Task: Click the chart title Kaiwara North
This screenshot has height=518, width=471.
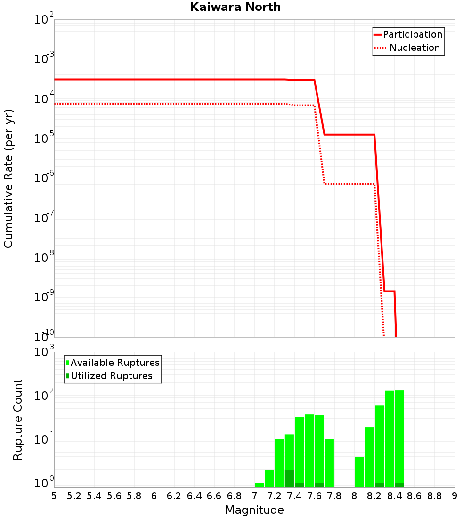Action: tap(235, 8)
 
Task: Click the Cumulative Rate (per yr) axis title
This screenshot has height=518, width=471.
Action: tap(8, 178)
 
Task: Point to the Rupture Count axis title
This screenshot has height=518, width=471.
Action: tap(17, 420)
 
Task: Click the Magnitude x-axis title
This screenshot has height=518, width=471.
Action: tap(254, 510)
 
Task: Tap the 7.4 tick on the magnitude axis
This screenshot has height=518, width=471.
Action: tap(294, 496)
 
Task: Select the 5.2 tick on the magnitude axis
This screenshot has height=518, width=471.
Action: tap(74, 496)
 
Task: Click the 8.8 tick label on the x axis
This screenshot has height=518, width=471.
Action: tap(434, 496)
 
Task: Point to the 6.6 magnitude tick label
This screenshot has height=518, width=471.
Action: tap(214, 496)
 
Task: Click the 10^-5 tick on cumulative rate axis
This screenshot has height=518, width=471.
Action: tap(44, 138)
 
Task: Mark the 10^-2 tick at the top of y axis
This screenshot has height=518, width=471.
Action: tap(44, 20)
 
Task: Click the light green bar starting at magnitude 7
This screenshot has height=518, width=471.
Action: tap(259, 485)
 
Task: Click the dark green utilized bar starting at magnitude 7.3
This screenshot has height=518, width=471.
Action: tap(289, 478)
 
